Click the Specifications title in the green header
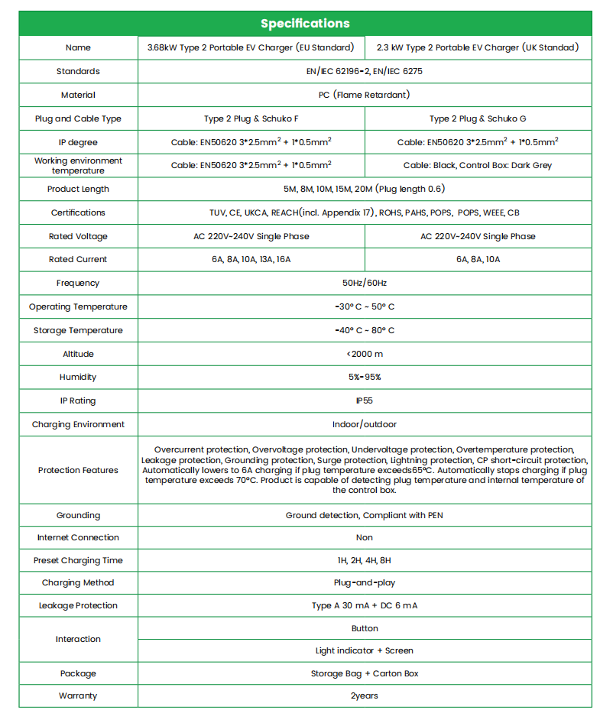(305, 23)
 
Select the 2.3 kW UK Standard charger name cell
(478, 47)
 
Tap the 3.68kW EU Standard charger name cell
(251, 47)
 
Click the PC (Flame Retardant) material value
(364, 95)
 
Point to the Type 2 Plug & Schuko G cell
(478, 118)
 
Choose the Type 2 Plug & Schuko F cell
(251, 118)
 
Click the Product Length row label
(78, 189)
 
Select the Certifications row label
(78, 212)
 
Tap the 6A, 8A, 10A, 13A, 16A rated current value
(251, 259)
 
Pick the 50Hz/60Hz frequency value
(364, 283)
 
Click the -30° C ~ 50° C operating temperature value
(364, 306)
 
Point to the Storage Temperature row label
(78, 330)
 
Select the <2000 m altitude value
(364, 354)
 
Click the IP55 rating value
(364, 400)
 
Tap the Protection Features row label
(78, 470)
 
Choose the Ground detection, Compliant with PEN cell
(364, 515)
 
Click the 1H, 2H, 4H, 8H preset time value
(364, 560)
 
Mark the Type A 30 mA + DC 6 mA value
(364, 605)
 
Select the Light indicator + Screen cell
(364, 650)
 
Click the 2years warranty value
(364, 695)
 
